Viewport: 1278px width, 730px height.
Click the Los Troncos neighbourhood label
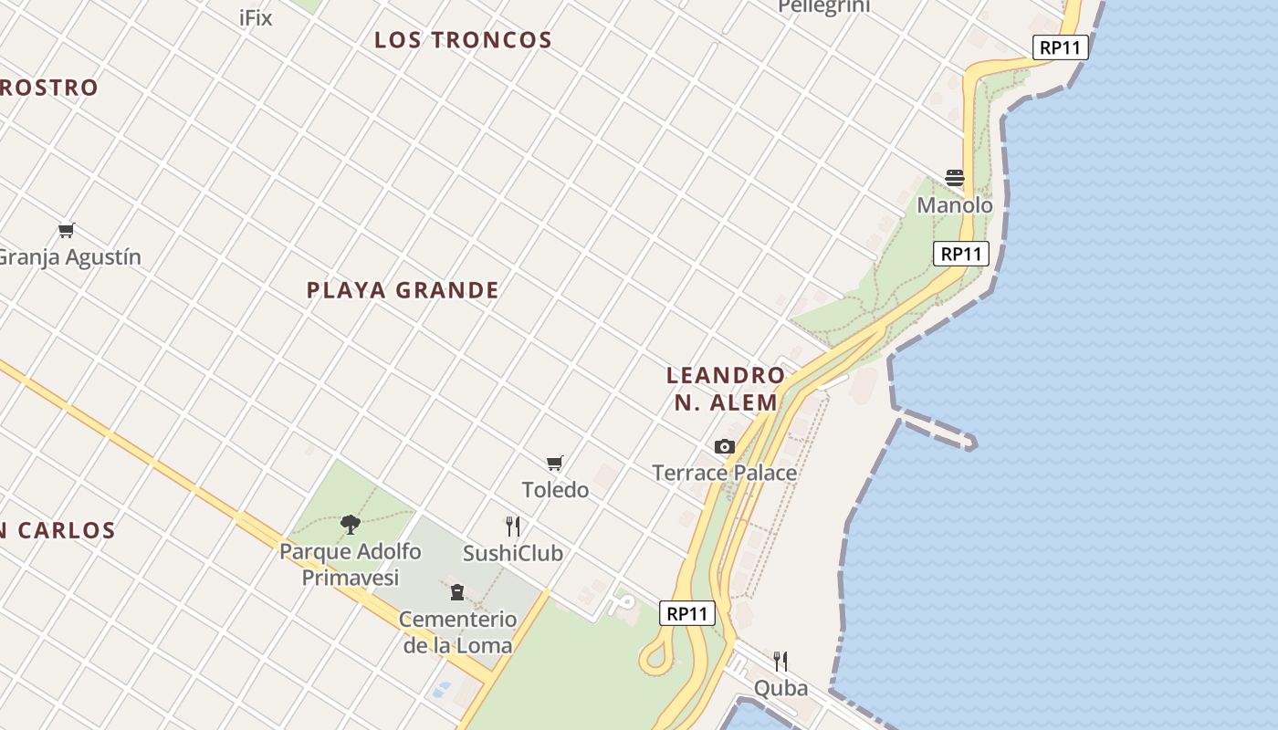[x=463, y=40]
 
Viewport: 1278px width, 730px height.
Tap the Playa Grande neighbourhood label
[x=403, y=290]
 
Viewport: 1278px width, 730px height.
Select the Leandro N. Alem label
[x=726, y=389]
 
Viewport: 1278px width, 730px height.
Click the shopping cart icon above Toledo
[x=554, y=463]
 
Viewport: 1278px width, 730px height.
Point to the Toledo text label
[x=555, y=490]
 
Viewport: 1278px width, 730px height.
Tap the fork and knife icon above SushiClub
[x=513, y=527]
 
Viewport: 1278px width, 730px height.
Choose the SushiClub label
[x=513, y=554]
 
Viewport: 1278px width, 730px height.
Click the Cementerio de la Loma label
[x=457, y=632]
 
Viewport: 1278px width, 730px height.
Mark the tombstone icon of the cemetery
[x=457, y=592]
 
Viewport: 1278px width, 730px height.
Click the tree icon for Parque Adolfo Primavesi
[x=350, y=524]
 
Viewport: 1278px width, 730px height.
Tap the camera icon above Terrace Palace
[x=725, y=446]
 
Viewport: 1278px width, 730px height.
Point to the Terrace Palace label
[x=725, y=473]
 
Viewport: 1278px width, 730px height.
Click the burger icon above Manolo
[x=955, y=178]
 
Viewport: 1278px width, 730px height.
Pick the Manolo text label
[x=955, y=205]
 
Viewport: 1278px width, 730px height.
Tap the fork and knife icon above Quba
[x=780, y=661]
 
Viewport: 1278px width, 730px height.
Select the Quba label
[x=780, y=688]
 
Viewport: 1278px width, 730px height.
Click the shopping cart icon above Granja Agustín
[x=66, y=230]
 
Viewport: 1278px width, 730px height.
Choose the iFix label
[x=256, y=17]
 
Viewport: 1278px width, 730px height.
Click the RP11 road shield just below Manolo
[x=961, y=254]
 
